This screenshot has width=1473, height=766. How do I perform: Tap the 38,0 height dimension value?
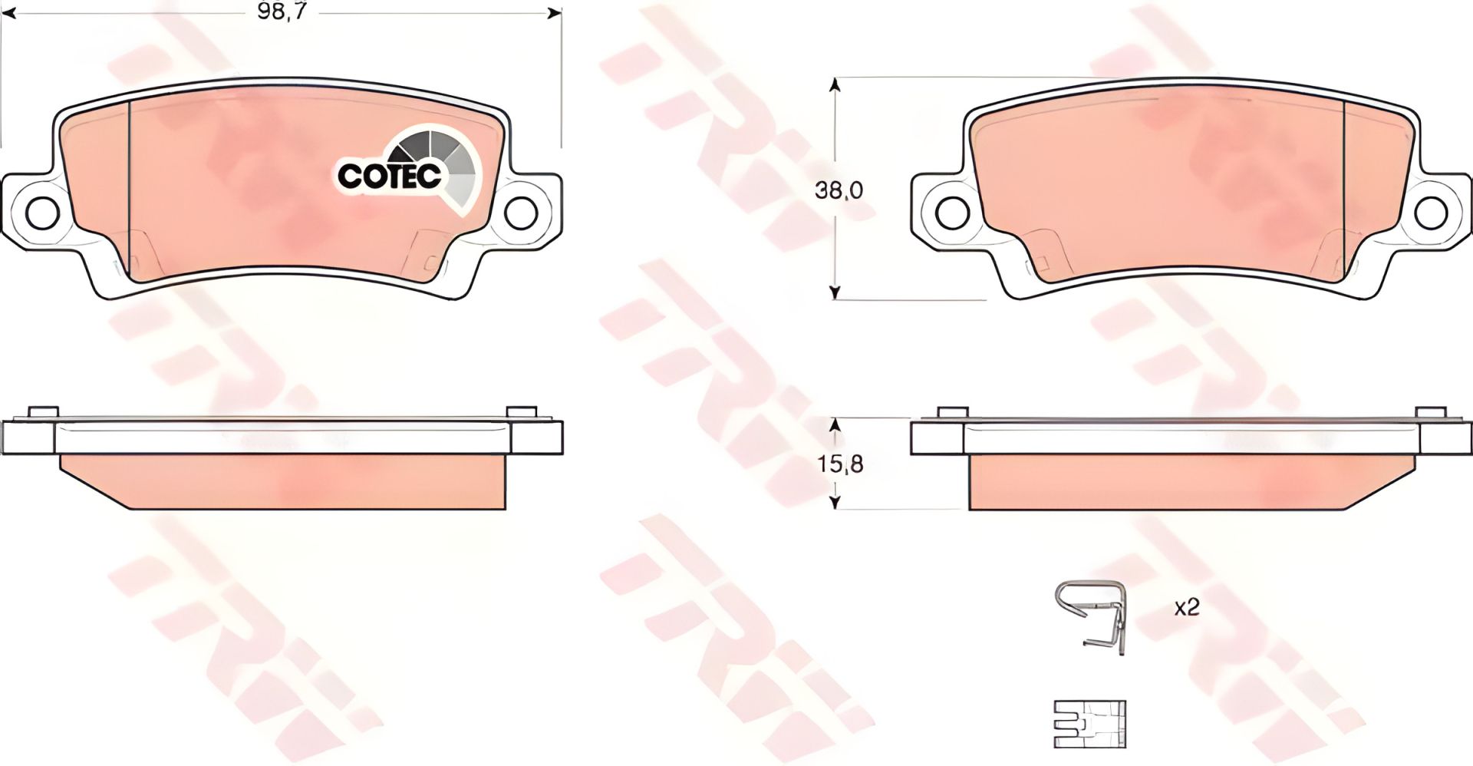[839, 190]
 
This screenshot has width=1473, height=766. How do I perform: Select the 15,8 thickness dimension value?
[839, 464]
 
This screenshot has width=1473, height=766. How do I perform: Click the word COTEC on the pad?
[390, 176]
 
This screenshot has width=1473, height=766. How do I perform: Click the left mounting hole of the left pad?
[42, 210]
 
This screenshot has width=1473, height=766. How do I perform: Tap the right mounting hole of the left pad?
[522, 210]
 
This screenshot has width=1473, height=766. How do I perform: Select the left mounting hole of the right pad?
[951, 210]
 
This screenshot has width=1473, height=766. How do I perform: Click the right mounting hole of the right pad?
[1432, 210]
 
